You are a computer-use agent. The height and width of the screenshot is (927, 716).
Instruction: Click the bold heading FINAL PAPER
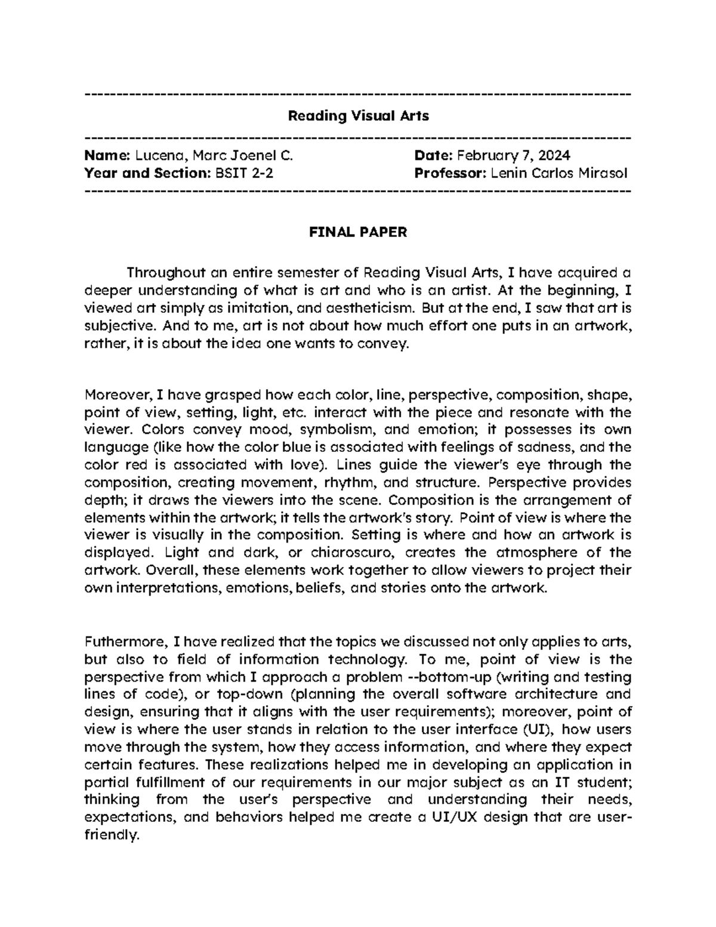click(357, 232)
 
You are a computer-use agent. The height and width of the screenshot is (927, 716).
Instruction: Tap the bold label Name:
click(107, 156)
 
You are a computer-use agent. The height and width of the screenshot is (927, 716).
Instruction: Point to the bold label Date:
click(434, 156)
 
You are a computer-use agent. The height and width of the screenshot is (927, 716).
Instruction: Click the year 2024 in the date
click(554, 156)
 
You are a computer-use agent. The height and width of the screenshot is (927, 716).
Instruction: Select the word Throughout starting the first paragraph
click(165, 273)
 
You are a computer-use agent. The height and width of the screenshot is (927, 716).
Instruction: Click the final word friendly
click(111, 835)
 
